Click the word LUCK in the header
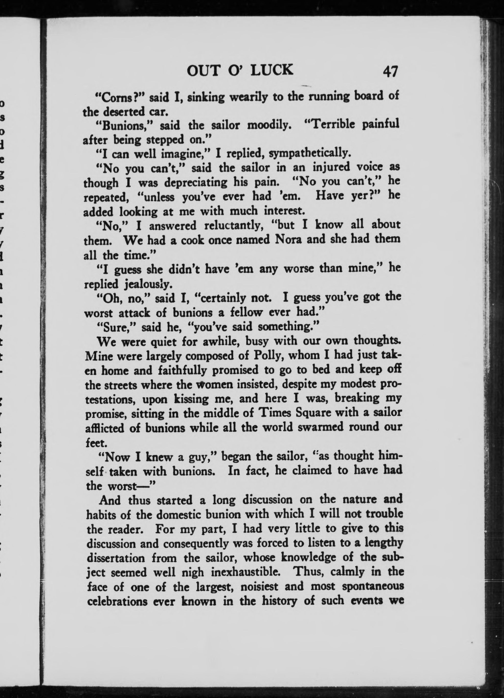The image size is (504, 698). click(x=272, y=71)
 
